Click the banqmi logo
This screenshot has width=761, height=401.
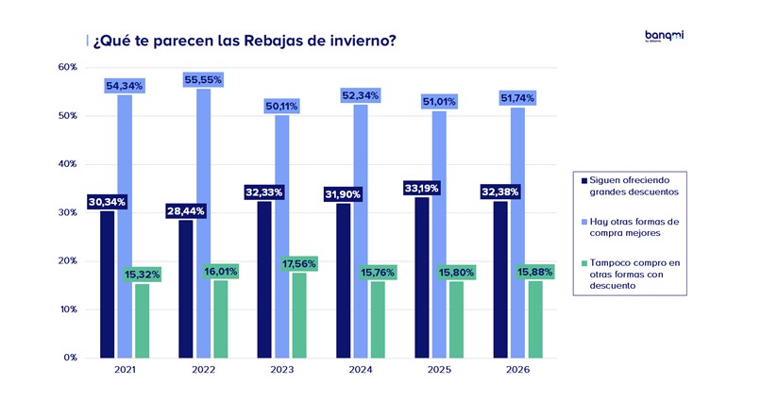pyautogui.click(x=664, y=37)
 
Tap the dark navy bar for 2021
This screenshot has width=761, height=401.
pyautogui.click(x=108, y=284)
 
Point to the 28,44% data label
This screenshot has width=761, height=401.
pyautogui.click(x=185, y=210)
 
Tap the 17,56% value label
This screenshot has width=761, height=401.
pyautogui.click(x=299, y=264)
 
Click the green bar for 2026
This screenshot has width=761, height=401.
pyautogui.click(x=535, y=319)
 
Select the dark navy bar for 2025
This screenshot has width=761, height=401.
pyautogui.click(x=422, y=277)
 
